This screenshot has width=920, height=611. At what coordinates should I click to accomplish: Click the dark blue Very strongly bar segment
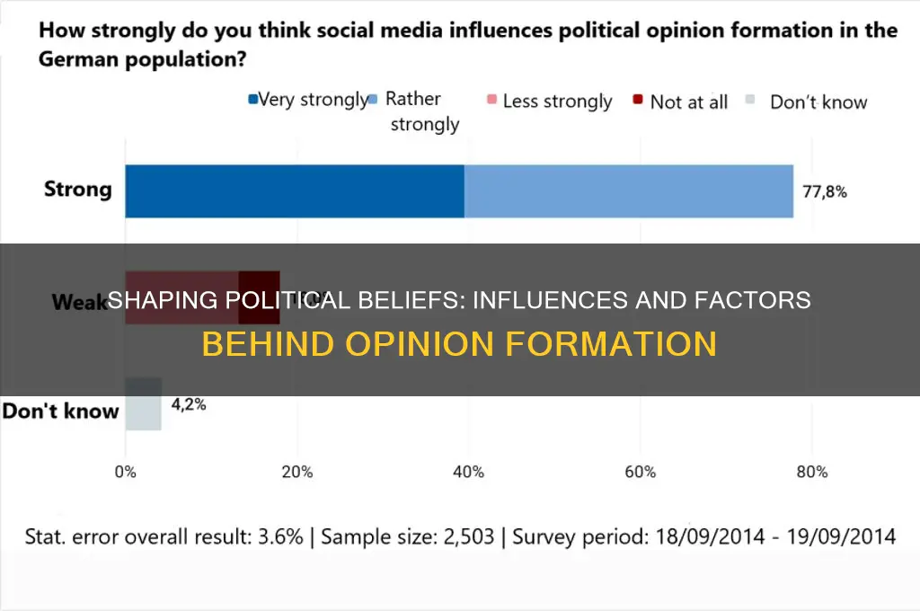coord(294,190)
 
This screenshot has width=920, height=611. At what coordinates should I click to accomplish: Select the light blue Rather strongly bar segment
coord(628,190)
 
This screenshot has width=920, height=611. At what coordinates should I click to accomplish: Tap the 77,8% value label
coord(825,191)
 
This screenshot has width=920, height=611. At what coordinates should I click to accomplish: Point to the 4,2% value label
coord(189,404)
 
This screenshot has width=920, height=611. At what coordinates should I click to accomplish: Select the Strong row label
coord(78,190)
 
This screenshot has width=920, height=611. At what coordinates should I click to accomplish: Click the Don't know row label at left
coord(60,412)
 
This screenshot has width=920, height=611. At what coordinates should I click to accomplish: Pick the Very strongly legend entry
coord(310,100)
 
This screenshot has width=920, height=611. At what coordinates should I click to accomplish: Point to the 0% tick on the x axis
coord(125,472)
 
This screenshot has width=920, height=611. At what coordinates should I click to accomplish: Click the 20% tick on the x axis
coord(296,472)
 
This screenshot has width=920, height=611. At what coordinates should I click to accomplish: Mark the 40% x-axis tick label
coord(468,472)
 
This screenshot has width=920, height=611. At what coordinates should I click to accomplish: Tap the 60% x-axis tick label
coord(640,472)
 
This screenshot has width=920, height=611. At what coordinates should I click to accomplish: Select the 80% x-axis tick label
coord(810,472)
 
